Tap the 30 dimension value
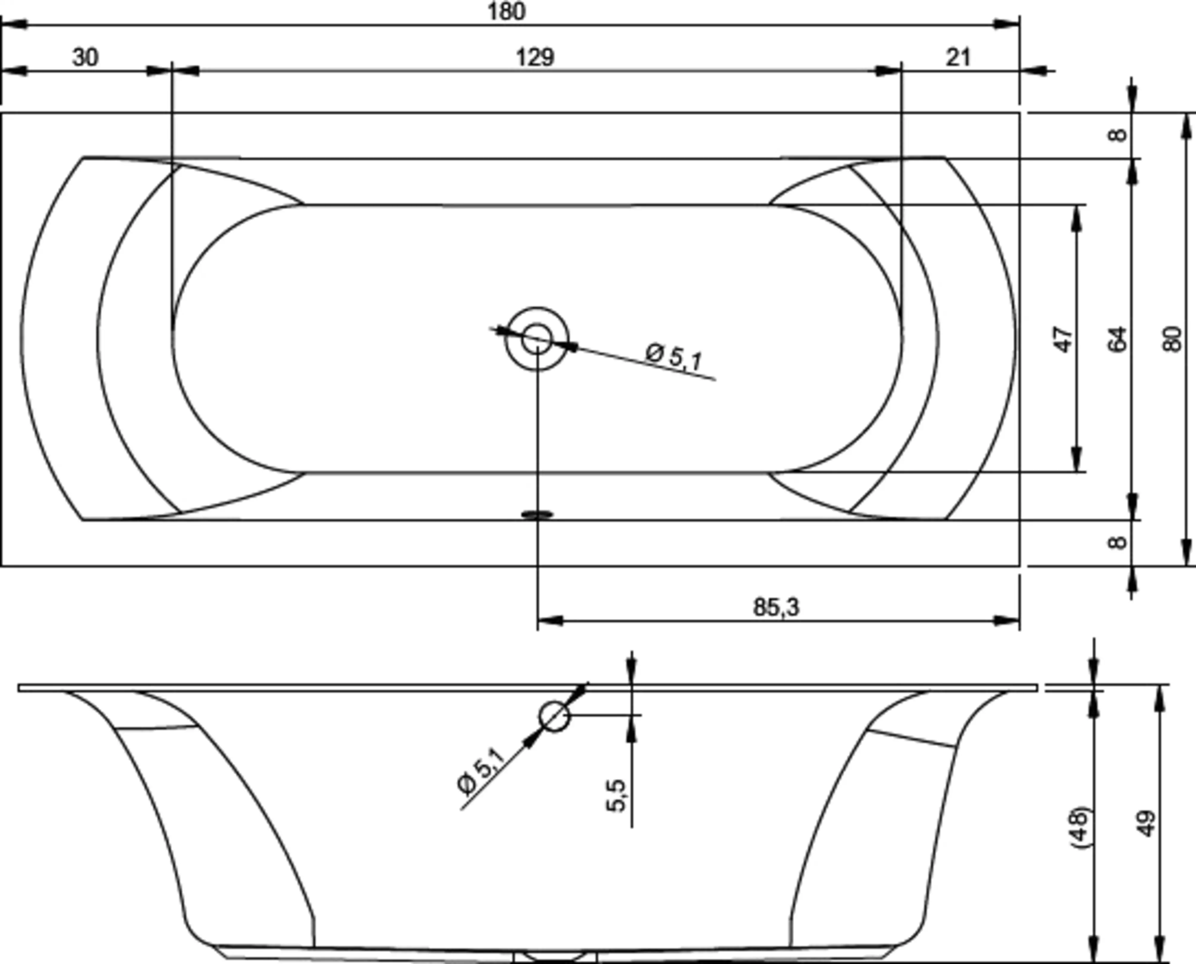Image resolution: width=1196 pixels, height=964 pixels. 86,57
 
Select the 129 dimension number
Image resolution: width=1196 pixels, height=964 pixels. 535,57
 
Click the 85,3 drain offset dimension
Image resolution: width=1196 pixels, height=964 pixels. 777,607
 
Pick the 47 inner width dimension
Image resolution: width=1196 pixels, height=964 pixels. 1063,339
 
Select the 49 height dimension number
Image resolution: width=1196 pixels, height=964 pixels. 1147,823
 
